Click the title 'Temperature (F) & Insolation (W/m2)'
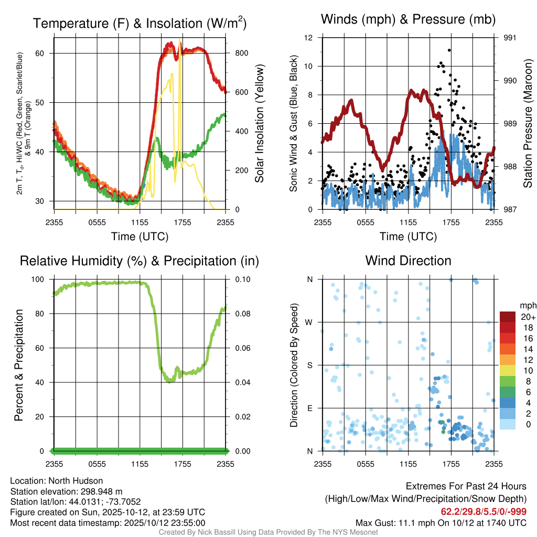pyautogui.click(x=139, y=24)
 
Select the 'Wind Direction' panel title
pyautogui.click(x=408, y=261)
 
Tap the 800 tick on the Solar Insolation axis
pyautogui.click(x=238, y=53)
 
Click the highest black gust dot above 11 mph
pyautogui.click(x=449, y=50)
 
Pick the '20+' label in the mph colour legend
pyautogui.click(x=528, y=317)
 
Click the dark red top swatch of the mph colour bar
pyautogui.click(x=508, y=317)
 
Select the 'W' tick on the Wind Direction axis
pyautogui.click(x=310, y=322)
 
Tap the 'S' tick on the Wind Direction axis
pyautogui.click(x=310, y=365)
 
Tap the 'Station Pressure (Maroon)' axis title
pyautogui.click(x=528, y=124)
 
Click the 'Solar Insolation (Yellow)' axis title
pyautogui.click(x=260, y=124)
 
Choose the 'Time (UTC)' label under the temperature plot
pyautogui.click(x=139, y=237)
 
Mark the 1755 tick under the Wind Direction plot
pyautogui.click(x=451, y=464)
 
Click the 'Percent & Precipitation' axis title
pyautogui.click(x=19, y=365)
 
